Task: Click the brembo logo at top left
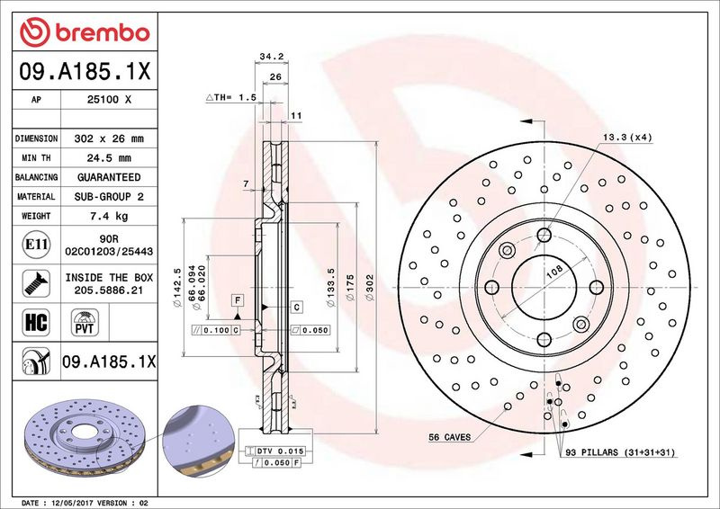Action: [85, 32]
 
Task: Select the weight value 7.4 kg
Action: [109, 216]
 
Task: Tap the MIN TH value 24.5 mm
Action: [109, 158]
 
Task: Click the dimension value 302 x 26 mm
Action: [109, 138]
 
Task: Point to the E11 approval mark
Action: [36, 245]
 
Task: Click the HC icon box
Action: [36, 322]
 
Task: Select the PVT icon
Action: [85, 322]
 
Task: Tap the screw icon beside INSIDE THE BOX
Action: [36, 283]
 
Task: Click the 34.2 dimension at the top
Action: [272, 57]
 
